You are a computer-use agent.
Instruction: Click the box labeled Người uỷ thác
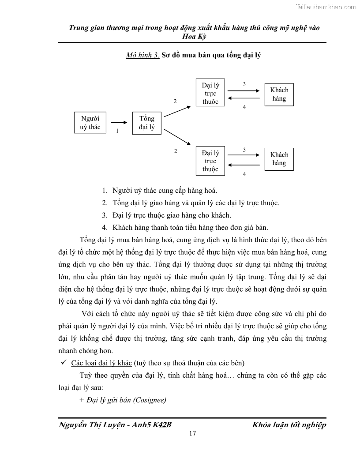90,123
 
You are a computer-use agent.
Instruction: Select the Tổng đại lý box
147,123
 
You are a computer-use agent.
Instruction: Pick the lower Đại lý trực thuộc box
210,161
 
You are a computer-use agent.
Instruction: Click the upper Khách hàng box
279,94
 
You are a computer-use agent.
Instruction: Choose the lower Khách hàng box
279,159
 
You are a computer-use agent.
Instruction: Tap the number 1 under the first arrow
117,131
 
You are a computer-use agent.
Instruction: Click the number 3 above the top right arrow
244,84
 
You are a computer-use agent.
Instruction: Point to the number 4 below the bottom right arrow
244,174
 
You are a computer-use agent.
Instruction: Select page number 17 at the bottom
192,433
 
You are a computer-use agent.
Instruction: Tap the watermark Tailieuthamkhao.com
326,7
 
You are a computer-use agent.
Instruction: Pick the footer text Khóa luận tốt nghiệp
289,425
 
